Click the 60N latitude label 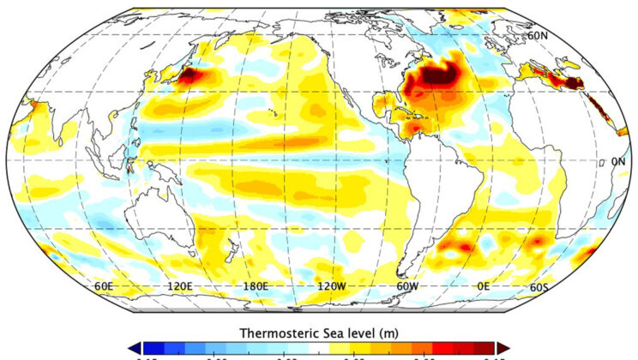[538, 35]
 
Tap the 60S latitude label [539, 286]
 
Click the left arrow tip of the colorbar [133, 348]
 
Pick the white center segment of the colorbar [318, 349]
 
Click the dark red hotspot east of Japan [186, 76]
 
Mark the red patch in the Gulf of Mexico [415, 128]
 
